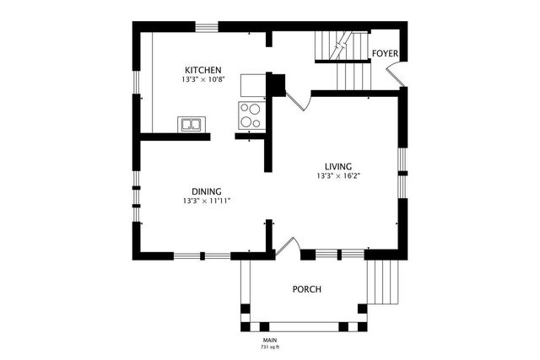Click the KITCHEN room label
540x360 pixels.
pos(203,69)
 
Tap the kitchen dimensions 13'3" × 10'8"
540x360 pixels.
pos(203,79)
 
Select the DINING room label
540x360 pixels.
pos(206,191)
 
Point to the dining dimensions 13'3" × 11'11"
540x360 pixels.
pos(206,201)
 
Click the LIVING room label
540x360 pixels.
pos(339,166)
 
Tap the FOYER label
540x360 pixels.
pos(385,53)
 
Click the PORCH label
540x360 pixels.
pos(306,289)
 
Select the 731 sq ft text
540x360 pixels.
pos(270,347)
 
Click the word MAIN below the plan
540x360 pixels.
pos(270,340)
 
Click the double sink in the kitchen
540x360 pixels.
pos(191,126)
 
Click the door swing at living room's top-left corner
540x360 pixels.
pos(298,101)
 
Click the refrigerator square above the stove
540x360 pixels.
pos(252,85)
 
